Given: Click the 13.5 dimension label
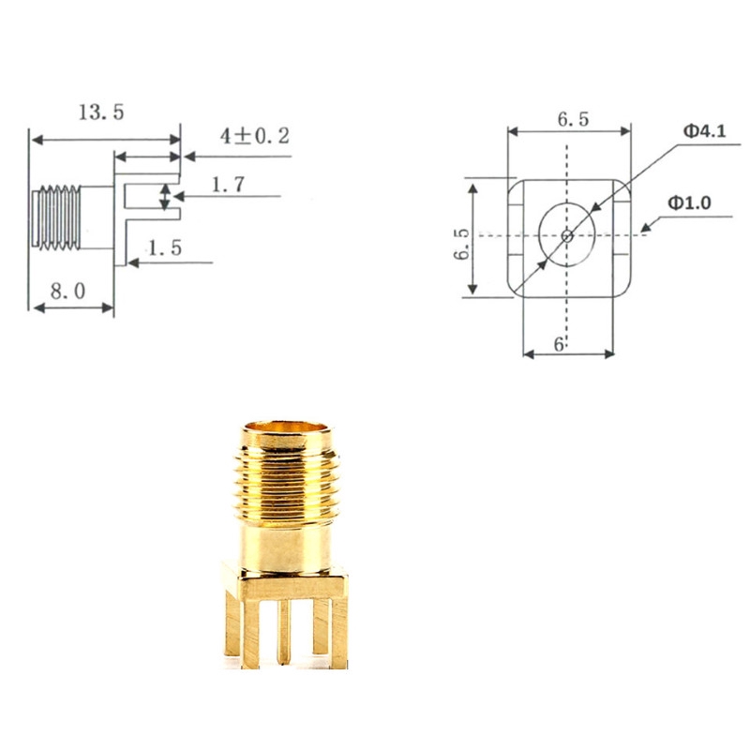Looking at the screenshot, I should point(100,112).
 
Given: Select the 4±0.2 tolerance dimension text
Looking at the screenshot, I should point(254,136).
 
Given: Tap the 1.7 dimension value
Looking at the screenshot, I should point(227,185).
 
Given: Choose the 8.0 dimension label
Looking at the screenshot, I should point(67,291).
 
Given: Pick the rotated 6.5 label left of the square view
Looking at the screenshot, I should point(460,242).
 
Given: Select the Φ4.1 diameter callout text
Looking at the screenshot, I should point(703,132).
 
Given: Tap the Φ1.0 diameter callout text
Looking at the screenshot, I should point(690,202).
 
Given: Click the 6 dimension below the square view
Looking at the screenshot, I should point(559,344).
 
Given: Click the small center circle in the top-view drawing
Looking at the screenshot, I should point(566,234).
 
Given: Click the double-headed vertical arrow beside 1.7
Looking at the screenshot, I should point(166,197).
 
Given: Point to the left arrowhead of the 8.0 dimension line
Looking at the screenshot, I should point(35,307).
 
